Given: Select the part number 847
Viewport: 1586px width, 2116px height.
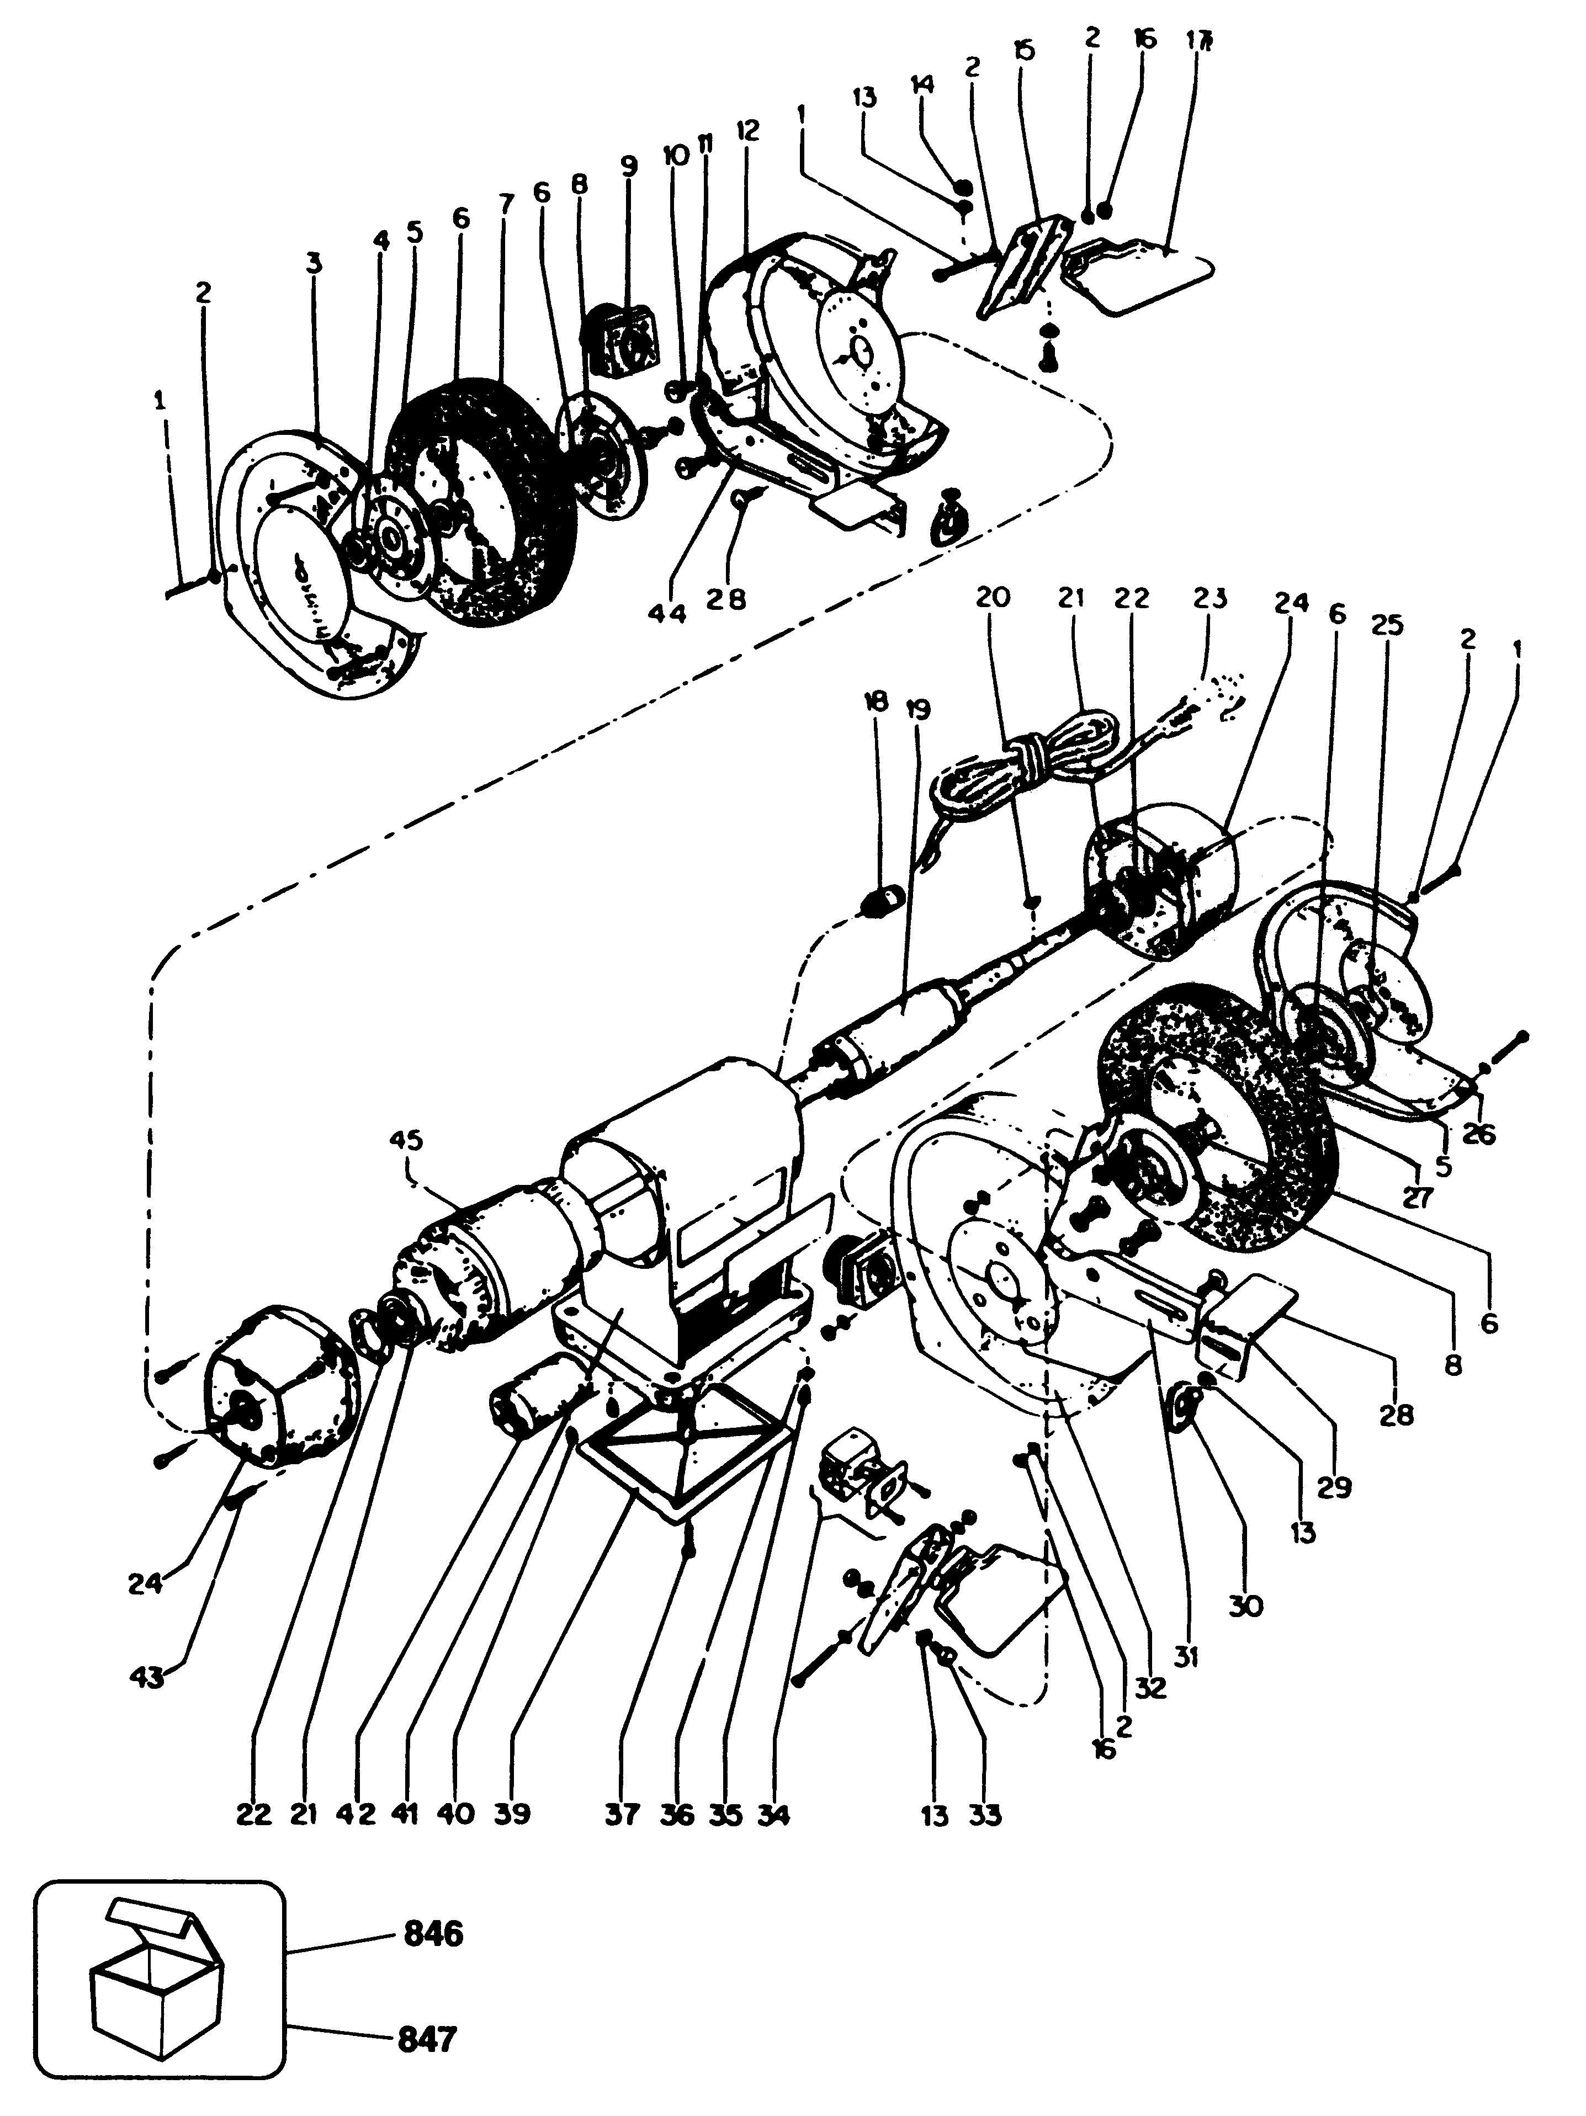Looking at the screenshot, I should pyautogui.click(x=427, y=2040).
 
